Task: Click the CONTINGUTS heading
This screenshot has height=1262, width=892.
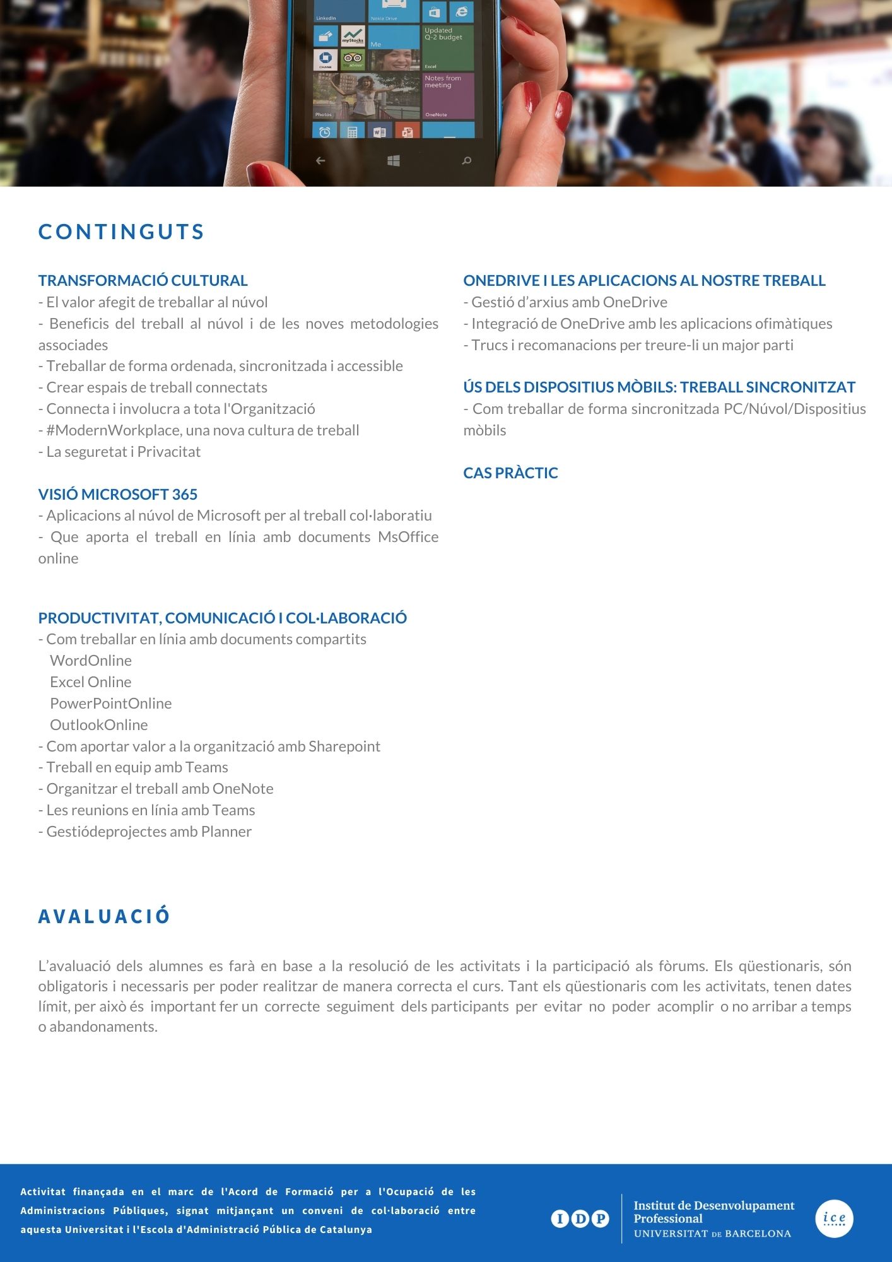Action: point(121,232)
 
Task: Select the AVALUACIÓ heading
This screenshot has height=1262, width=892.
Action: point(104,916)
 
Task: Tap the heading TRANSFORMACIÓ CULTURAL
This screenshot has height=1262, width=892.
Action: point(143,280)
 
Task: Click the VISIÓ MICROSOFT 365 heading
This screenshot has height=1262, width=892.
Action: point(117,494)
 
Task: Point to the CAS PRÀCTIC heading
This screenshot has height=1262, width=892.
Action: point(510,473)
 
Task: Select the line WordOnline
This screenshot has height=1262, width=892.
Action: point(91,661)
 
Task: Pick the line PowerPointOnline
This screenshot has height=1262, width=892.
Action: point(110,704)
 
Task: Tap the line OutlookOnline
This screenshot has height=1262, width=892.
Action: point(98,725)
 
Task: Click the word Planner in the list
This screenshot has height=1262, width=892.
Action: point(226,832)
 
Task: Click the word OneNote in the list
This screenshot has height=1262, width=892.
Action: point(243,789)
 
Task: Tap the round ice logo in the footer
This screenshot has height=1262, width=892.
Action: point(834,1218)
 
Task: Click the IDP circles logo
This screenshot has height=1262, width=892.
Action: point(580,1218)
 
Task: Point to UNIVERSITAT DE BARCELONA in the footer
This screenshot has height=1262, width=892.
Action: point(712,1234)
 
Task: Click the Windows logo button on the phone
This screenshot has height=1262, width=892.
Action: point(394,161)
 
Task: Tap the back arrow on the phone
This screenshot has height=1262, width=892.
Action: point(320,161)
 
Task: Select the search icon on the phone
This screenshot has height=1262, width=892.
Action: point(467,161)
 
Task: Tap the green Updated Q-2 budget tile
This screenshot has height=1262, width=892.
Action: point(448,47)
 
